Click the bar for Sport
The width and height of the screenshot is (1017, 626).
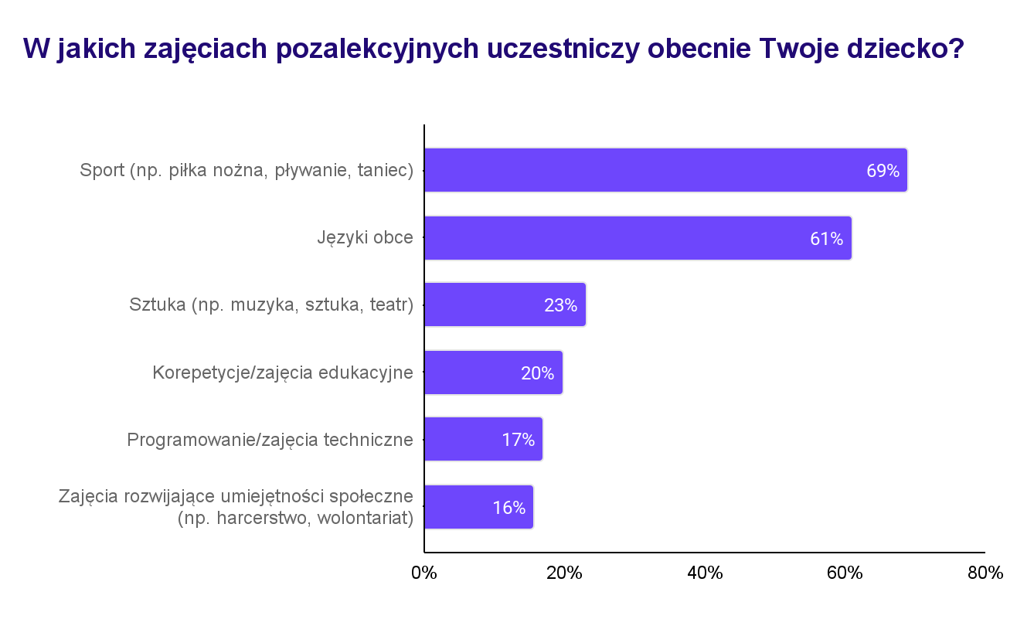tap(665, 170)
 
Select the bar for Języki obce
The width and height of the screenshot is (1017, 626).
tap(638, 238)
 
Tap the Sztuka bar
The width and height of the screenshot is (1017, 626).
tap(505, 304)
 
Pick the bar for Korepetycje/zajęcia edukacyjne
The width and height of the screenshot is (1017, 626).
tap(493, 373)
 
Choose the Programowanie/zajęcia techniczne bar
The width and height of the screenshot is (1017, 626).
tap(483, 439)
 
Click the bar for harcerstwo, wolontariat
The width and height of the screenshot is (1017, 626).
tap(478, 507)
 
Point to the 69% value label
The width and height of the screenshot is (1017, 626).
tap(883, 171)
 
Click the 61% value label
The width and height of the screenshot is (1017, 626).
tap(826, 239)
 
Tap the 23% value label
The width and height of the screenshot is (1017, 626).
tap(560, 305)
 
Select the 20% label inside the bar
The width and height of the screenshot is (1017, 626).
tap(537, 373)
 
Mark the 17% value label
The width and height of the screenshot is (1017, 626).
tap(518, 440)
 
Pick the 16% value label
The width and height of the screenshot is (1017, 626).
tap(508, 508)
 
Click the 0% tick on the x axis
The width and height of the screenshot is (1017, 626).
tap(424, 573)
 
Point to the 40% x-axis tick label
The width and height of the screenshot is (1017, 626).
tap(705, 573)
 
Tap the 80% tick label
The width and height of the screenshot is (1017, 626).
tap(985, 573)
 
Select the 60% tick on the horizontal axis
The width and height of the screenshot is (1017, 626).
tap(845, 573)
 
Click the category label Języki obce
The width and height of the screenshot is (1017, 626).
tap(365, 238)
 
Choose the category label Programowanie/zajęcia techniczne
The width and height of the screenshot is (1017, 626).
tap(270, 440)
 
